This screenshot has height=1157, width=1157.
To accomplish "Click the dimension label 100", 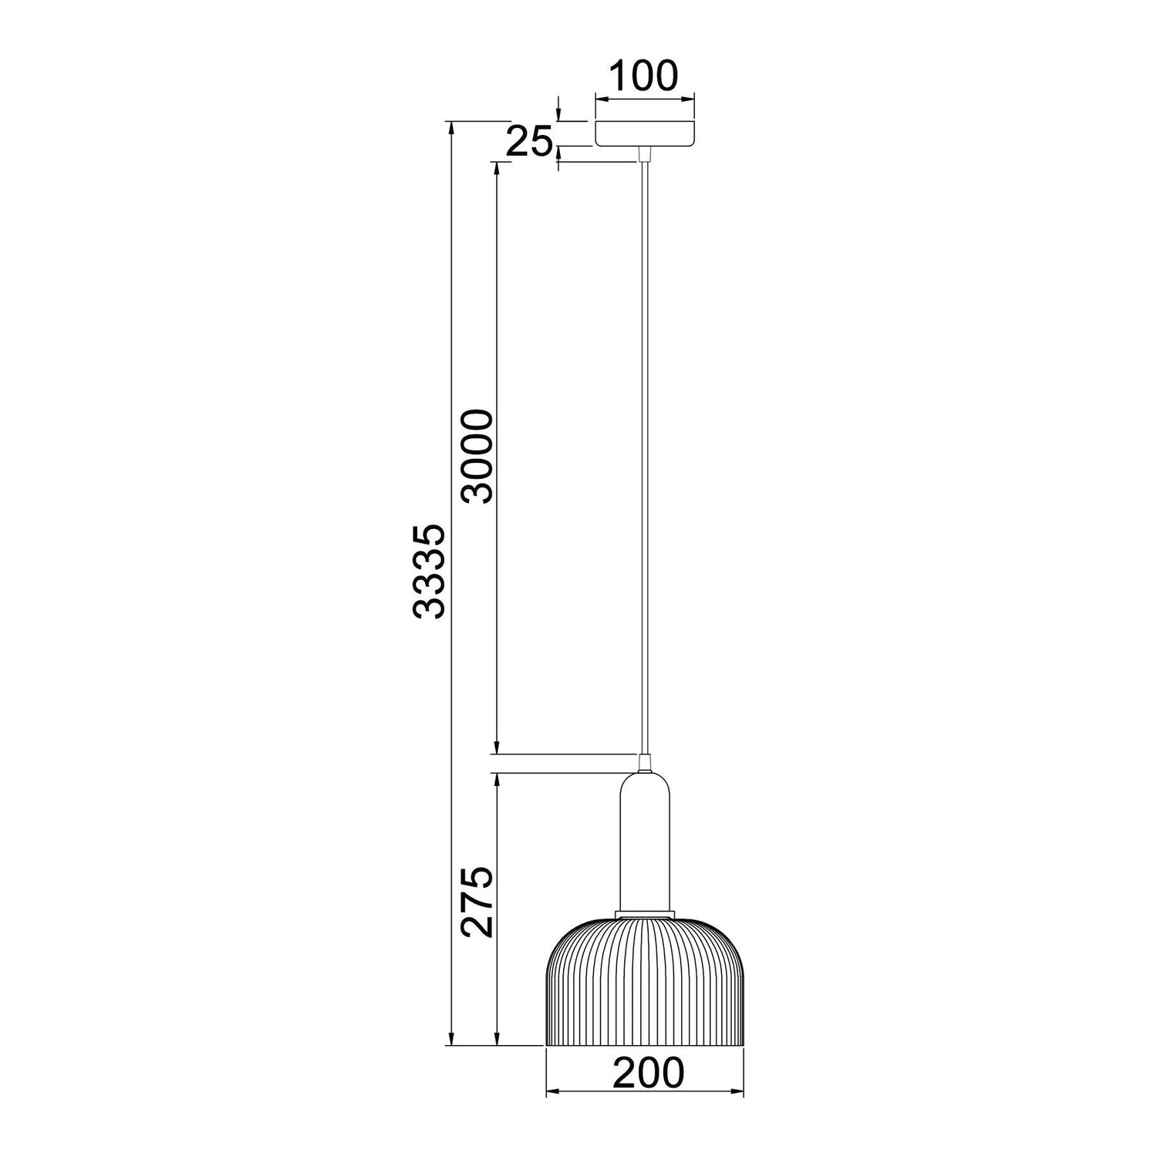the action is [x=643, y=75].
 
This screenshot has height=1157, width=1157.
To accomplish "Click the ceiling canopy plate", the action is [x=645, y=133].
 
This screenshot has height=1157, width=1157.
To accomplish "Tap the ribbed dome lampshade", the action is [x=645, y=982].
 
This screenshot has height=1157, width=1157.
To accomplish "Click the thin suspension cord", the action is [x=645, y=458].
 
